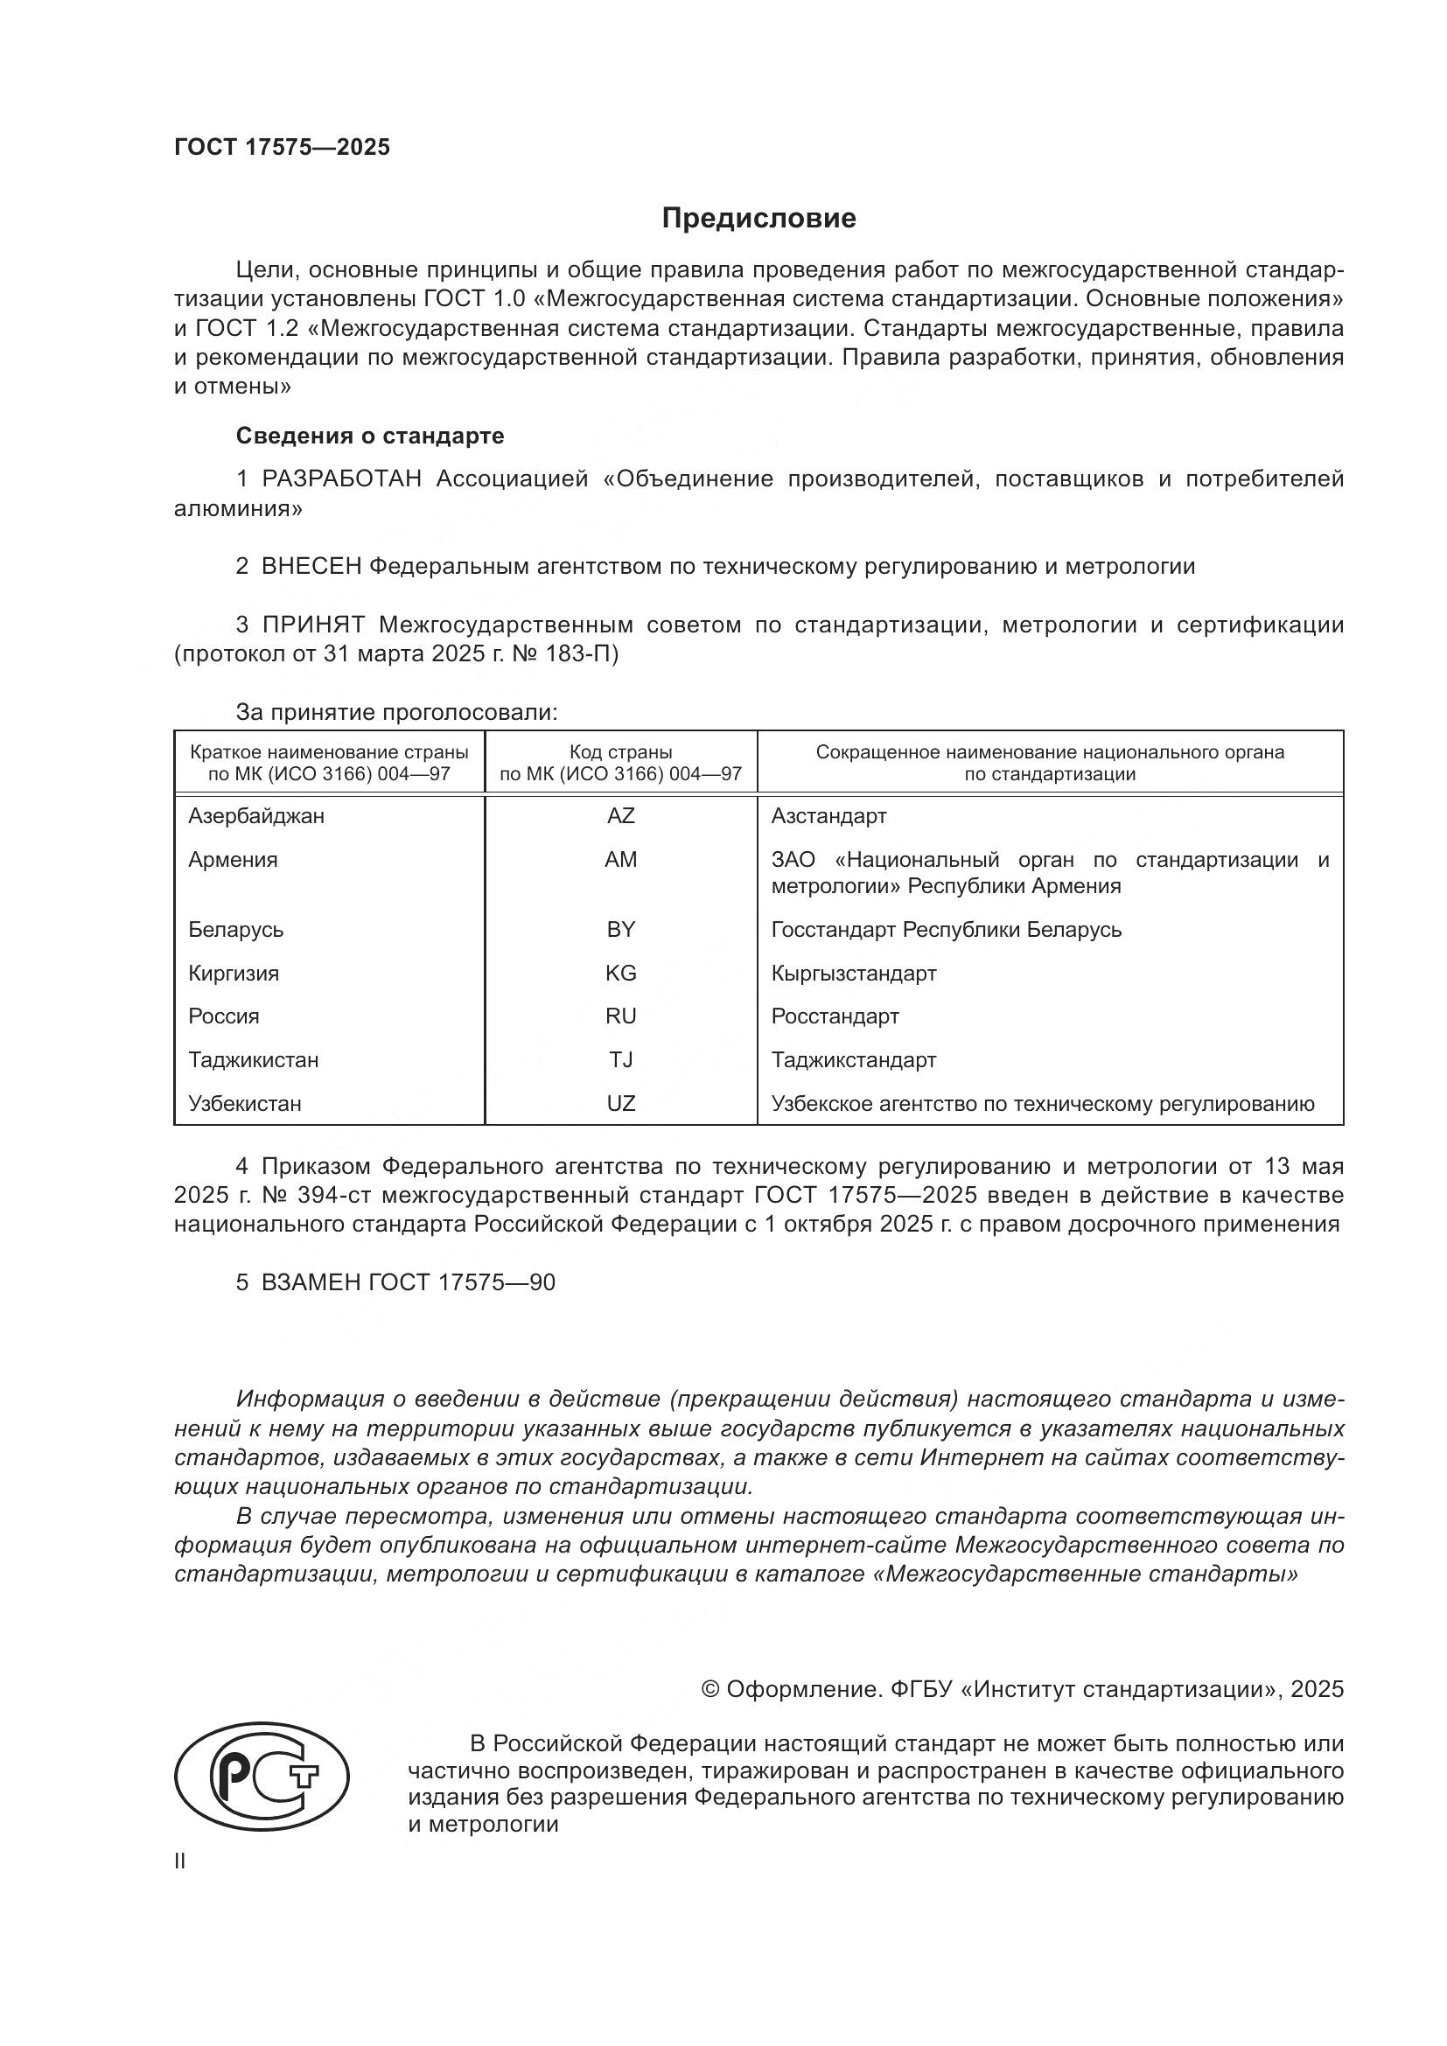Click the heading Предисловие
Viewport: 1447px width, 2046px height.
tap(758, 219)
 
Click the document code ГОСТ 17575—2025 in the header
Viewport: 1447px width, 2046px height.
tap(282, 147)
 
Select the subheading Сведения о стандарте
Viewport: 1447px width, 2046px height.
tap(370, 436)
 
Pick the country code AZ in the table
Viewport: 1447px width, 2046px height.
tap(620, 816)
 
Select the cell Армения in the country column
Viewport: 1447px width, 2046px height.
tap(233, 860)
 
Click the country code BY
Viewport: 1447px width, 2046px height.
tap(620, 930)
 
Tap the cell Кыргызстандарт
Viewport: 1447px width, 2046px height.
tap(854, 973)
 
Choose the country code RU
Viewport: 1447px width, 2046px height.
tap(620, 1016)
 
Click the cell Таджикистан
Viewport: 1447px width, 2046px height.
tap(253, 1060)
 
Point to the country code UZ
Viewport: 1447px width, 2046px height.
tap(620, 1104)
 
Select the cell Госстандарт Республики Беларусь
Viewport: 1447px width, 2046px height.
tap(947, 930)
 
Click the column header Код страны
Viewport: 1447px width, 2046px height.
tap(620, 752)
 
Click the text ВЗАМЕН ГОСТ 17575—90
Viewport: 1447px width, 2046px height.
tap(407, 1282)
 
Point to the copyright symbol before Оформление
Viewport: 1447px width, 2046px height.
tap(710, 1690)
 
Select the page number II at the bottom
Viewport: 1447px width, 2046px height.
tap(180, 1861)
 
